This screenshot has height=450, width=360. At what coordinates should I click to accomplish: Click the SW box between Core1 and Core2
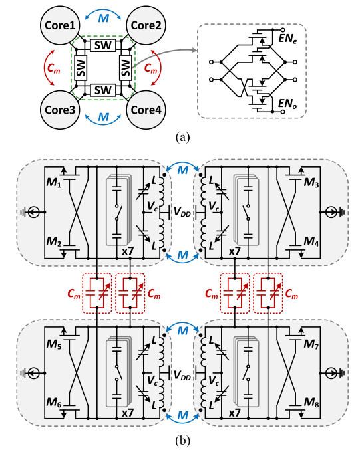(102, 45)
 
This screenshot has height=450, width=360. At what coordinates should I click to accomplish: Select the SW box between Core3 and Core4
(102, 90)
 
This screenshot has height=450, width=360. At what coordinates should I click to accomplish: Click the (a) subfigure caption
(180, 138)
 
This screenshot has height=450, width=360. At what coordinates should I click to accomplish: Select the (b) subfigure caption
(180, 439)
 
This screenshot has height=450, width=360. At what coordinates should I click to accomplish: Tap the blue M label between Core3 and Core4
(102, 118)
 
